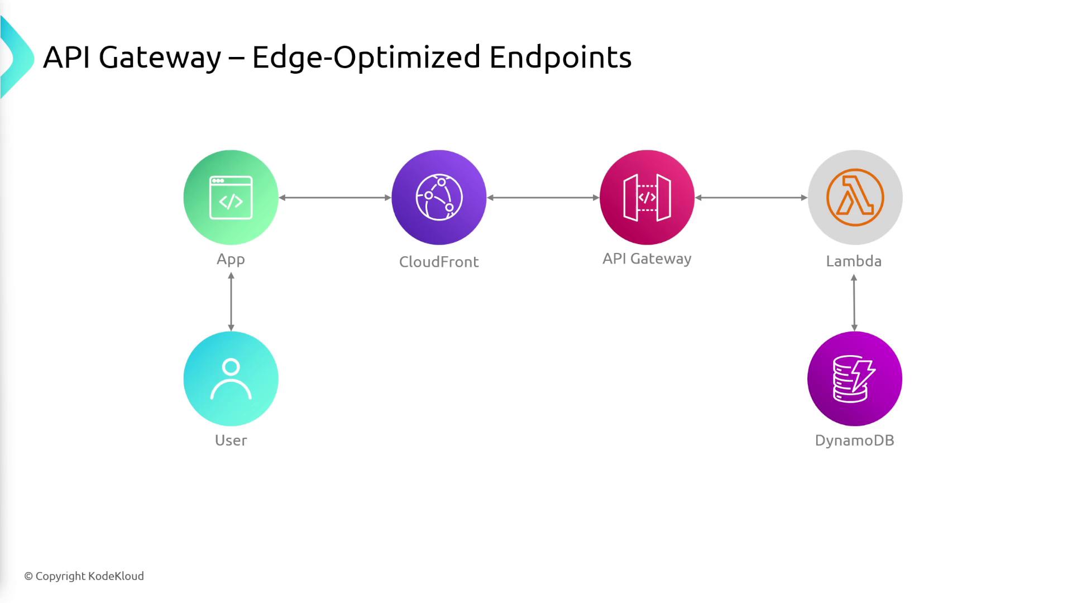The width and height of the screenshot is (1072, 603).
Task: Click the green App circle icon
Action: click(x=231, y=197)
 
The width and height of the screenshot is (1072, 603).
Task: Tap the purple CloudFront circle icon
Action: click(x=439, y=197)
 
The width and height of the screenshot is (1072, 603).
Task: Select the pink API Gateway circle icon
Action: click(x=647, y=197)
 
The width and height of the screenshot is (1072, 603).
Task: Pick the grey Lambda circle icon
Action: click(x=855, y=197)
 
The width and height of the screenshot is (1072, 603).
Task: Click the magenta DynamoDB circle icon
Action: click(x=854, y=379)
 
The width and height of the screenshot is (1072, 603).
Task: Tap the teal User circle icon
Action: click(x=231, y=379)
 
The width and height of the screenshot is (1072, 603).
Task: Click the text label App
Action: click(x=231, y=260)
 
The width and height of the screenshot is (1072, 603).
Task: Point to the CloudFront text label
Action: click(x=439, y=262)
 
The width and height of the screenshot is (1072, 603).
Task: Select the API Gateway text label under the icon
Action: click(x=647, y=259)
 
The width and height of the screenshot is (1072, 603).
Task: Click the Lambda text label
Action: click(x=854, y=261)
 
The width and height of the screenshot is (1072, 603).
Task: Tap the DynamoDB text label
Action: click(x=854, y=441)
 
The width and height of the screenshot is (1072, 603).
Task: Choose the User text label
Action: click(x=231, y=441)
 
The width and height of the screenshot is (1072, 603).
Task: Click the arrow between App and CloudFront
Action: click(x=335, y=198)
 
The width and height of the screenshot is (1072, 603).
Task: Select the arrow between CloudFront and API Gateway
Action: click(x=543, y=198)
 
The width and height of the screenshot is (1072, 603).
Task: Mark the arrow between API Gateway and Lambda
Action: click(x=751, y=198)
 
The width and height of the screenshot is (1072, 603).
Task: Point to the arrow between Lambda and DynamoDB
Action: click(x=854, y=303)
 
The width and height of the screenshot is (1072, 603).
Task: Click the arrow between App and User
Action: click(x=231, y=301)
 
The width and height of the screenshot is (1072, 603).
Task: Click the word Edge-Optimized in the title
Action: click(x=366, y=58)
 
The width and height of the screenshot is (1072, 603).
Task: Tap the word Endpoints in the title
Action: click(x=560, y=58)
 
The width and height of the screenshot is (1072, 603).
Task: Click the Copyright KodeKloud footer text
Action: click(x=84, y=576)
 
